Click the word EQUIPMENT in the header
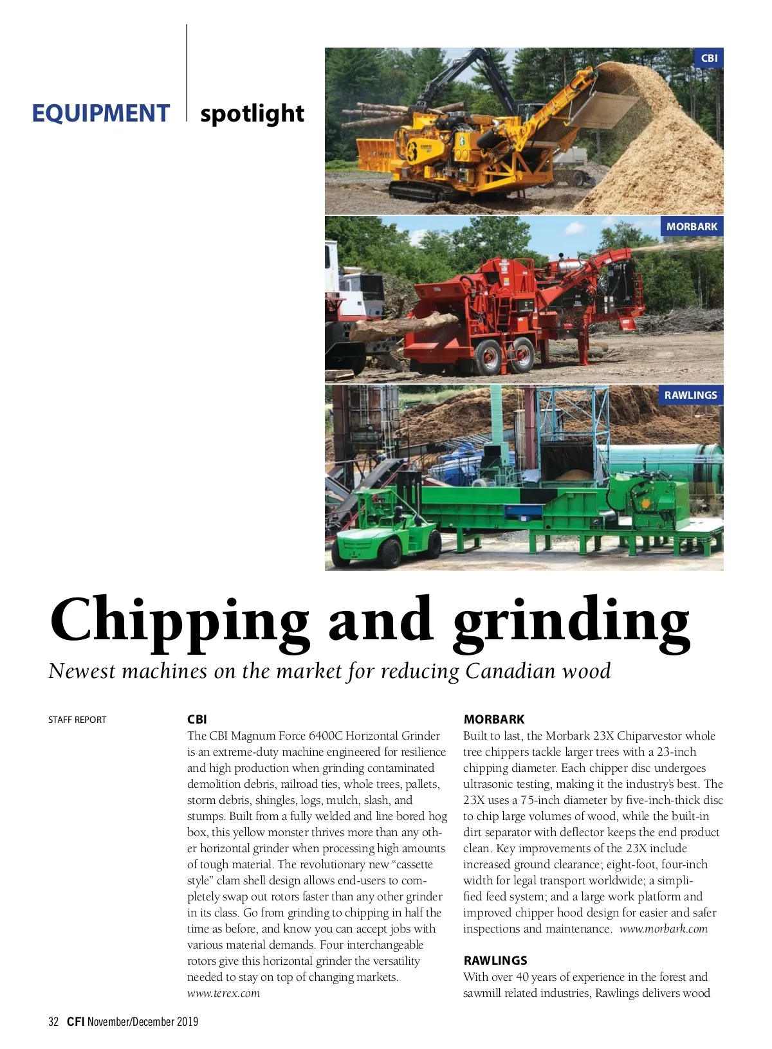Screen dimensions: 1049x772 coord(101,114)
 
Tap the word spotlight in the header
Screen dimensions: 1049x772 coord(252,114)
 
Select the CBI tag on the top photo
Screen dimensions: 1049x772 coord(709,58)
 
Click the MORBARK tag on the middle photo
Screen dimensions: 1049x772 coord(692,226)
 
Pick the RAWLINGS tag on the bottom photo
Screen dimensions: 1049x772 coord(690,395)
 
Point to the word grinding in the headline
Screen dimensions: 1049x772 coord(571,621)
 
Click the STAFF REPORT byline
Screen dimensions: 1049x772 coord(77,720)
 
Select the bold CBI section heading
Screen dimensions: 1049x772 coord(197,719)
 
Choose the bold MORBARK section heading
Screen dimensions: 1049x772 coord(494,719)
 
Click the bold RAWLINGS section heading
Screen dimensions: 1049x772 coord(495,960)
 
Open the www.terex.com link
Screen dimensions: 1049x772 coord(223,993)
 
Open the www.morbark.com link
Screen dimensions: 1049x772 coord(663,929)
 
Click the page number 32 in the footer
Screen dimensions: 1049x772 coord(53,1021)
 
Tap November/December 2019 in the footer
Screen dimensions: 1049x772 coord(143,1021)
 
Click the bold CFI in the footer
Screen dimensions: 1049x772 coord(75,1021)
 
